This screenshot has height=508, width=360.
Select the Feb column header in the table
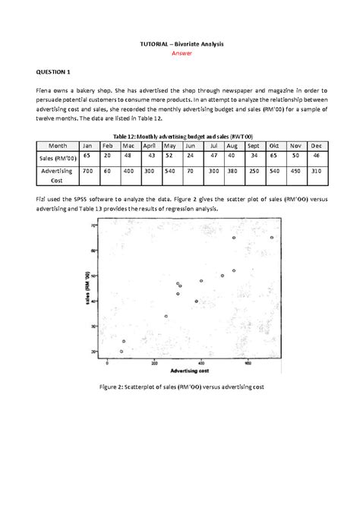[107, 145]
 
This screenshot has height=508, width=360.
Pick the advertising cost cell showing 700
[87, 172]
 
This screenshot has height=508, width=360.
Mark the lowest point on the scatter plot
[122, 352]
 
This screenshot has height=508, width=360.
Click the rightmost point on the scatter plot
[272, 238]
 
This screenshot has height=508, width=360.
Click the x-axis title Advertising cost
[191, 371]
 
